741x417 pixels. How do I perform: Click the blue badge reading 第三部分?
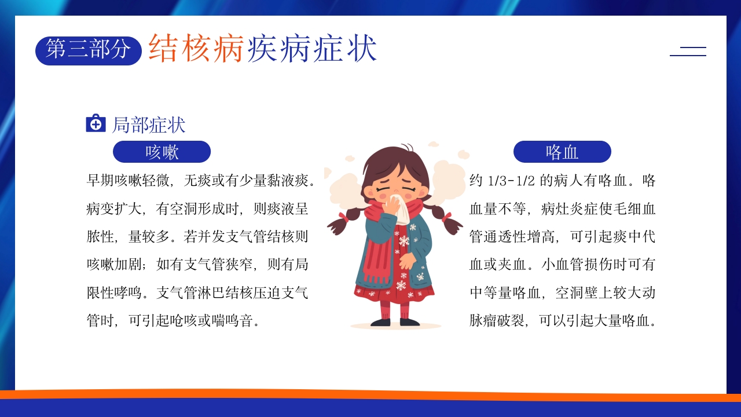89,50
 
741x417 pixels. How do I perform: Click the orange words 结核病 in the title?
196,48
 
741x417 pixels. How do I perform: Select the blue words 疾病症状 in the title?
312,48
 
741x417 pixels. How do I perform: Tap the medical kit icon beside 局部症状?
96,123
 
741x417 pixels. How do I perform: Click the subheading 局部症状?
148,125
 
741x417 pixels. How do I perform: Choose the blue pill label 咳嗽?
162,152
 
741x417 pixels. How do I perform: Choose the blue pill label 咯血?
562,152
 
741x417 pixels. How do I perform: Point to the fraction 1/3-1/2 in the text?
509,181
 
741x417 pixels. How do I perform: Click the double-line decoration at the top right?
688,51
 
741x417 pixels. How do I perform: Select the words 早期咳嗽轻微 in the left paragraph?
128,181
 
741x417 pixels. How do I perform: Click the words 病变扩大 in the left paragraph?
114,209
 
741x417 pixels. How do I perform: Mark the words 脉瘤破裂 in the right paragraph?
497,321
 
